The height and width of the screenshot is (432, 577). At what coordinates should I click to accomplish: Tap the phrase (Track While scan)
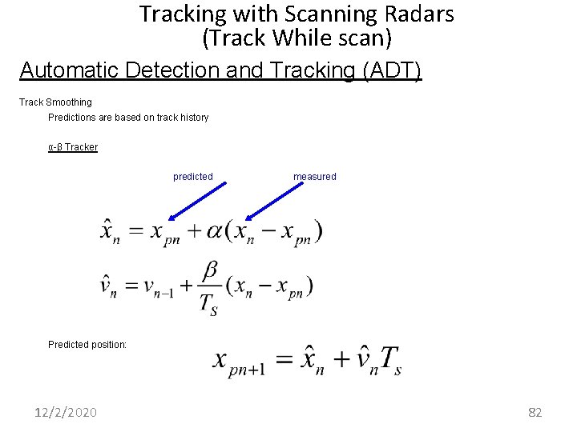(x=297, y=37)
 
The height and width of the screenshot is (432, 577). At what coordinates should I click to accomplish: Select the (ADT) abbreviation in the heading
(x=392, y=70)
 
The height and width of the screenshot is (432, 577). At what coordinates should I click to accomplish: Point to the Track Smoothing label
(x=55, y=102)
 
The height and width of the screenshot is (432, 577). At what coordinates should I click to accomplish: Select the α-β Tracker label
(x=73, y=147)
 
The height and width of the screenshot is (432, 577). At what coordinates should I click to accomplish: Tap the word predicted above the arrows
(x=193, y=177)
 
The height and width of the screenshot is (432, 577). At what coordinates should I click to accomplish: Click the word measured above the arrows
(x=315, y=177)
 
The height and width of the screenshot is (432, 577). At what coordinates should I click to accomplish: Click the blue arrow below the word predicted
(x=196, y=200)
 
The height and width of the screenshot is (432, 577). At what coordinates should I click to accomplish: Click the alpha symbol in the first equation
(x=214, y=230)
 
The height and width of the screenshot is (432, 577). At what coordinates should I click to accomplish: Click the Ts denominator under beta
(x=208, y=304)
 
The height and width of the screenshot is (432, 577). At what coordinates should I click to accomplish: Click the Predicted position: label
(x=87, y=345)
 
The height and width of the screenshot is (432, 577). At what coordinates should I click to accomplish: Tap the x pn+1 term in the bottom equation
(x=240, y=362)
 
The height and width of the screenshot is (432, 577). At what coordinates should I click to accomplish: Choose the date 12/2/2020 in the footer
(x=66, y=412)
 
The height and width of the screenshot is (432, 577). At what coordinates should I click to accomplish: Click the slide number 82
(x=535, y=412)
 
